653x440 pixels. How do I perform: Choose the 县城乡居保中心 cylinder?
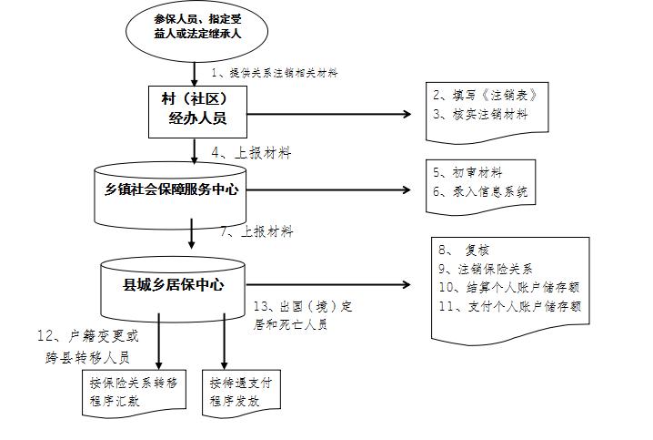click(173, 284)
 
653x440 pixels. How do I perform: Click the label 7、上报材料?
click(256, 231)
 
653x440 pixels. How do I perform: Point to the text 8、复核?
click(465, 250)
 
